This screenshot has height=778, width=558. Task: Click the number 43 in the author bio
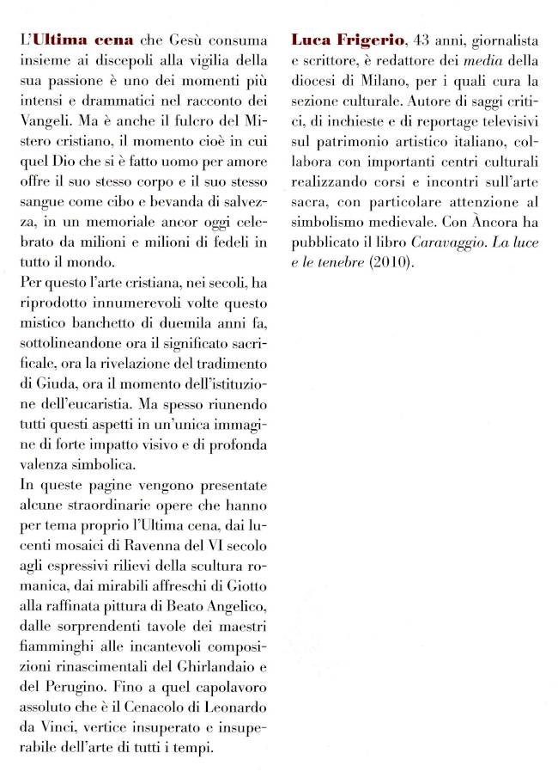pos(397,40)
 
